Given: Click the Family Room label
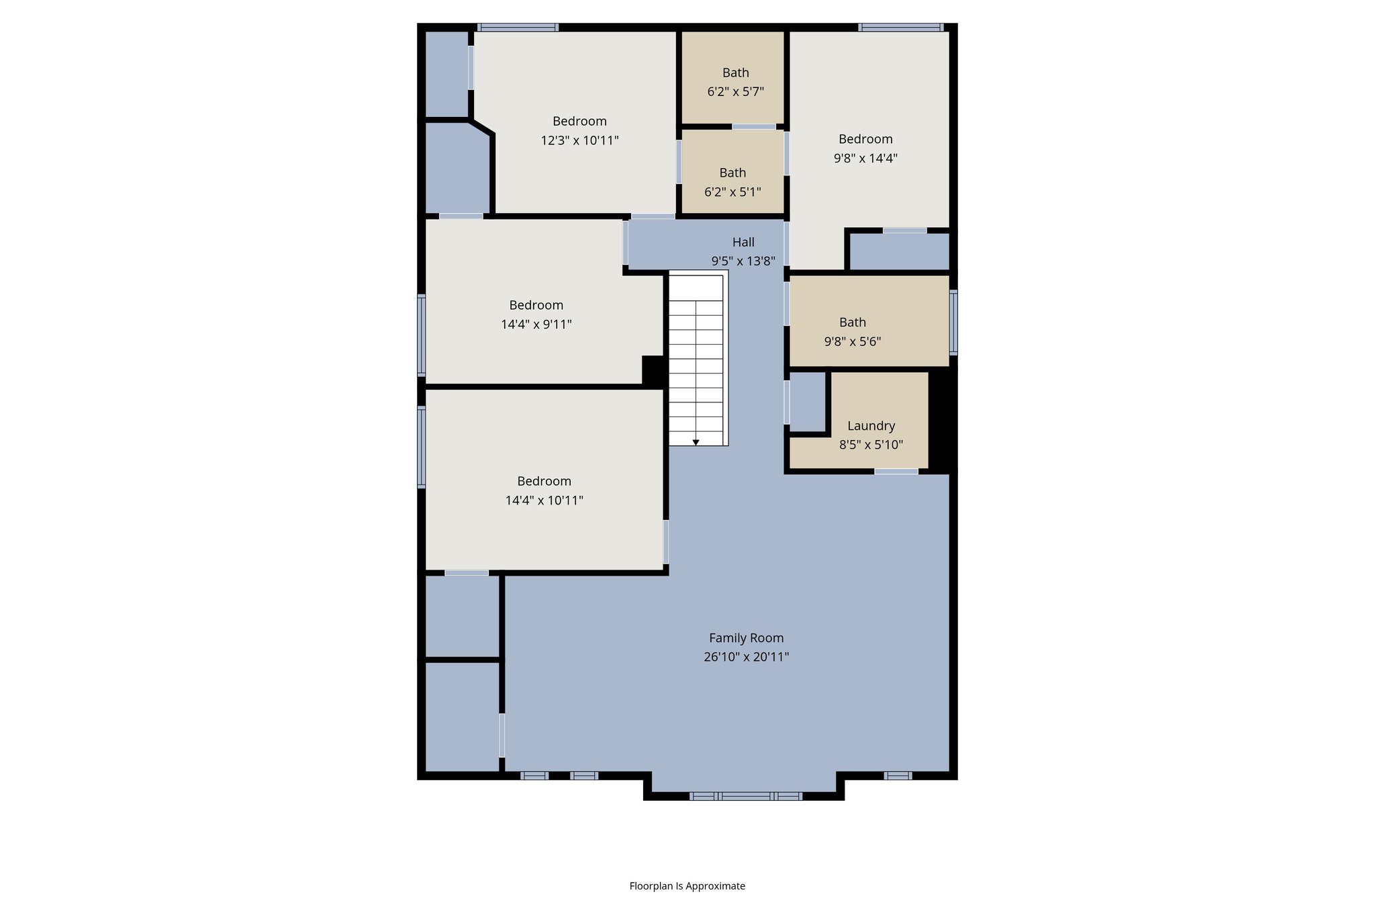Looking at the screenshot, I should pos(746,638).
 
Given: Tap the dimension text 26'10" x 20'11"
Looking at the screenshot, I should pos(746,657).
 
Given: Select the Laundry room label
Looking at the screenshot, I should pos(871,426).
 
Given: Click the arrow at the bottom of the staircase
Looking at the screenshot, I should pos(696,442).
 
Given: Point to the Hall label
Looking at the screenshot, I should pos(743,243).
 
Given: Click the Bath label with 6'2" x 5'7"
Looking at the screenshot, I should pos(735,73).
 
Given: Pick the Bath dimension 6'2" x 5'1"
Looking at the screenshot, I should pos(732,192).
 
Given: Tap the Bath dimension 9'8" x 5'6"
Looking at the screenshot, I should pos(852,341).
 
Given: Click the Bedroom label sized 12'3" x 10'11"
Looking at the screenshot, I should pos(579,122).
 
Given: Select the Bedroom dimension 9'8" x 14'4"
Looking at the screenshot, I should pos(865,159).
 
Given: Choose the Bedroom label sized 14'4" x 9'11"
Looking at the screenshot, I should pos(536,305).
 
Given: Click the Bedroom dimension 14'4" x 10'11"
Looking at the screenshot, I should pos(544,500).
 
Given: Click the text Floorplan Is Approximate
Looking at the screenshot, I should pos(687,886).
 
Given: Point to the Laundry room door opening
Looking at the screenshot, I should pos(896,472).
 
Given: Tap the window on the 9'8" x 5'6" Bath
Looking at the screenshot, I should pos(953,322).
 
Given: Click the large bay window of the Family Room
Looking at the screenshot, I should pos(745,796).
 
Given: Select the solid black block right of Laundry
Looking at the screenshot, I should pos(941,420).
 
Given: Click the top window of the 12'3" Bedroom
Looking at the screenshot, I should pos(518,28).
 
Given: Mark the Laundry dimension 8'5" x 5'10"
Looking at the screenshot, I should pos(871,445).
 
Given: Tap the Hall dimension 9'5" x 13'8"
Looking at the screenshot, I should pos(743,261).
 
